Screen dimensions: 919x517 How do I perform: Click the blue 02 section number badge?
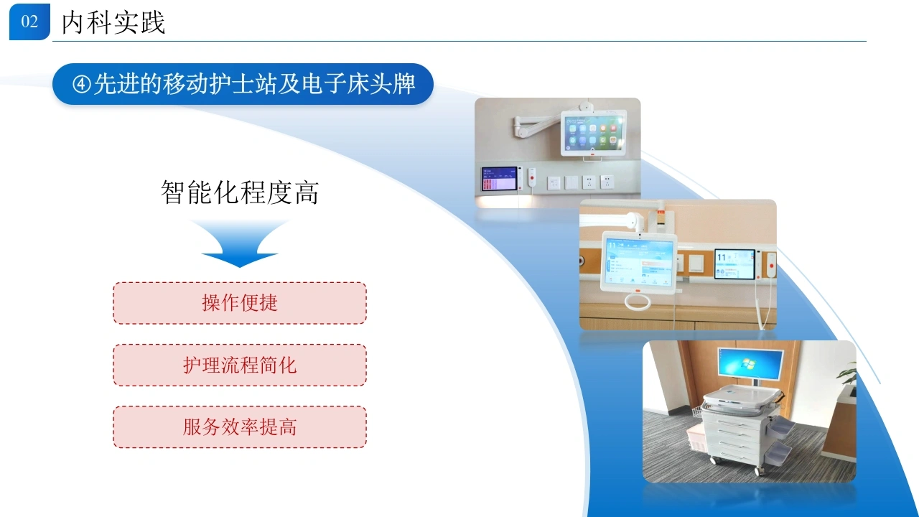(x=29, y=22)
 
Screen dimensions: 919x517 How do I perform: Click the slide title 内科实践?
(x=113, y=22)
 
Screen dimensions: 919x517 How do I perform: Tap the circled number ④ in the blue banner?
(x=82, y=85)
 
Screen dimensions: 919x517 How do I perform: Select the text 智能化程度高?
(x=240, y=192)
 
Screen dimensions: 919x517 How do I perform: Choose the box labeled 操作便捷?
(x=240, y=303)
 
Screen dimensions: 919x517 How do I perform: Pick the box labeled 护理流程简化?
(x=240, y=365)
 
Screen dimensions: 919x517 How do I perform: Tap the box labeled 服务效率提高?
(x=240, y=427)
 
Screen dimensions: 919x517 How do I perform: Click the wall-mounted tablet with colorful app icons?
(x=593, y=133)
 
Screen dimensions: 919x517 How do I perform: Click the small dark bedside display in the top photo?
(x=500, y=179)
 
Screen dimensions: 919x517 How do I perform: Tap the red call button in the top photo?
(x=532, y=177)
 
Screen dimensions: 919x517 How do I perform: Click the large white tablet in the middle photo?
(x=639, y=263)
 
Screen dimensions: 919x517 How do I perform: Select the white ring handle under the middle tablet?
(x=638, y=303)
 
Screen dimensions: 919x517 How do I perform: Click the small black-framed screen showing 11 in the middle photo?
(x=734, y=264)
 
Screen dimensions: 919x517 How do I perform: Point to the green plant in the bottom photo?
(x=847, y=377)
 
